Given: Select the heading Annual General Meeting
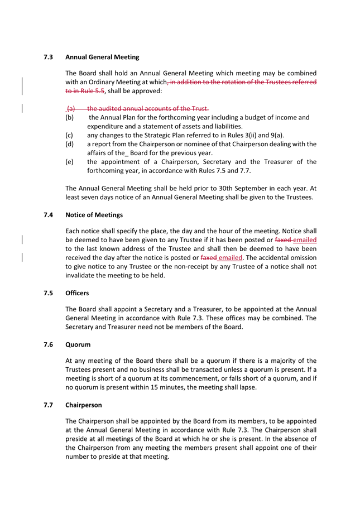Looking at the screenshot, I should click(102, 57).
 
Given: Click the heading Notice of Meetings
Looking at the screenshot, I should click(94, 215).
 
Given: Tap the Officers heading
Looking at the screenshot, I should click(77, 293).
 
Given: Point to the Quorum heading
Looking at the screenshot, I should click(78, 344).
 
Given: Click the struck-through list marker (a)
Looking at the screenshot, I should click(71, 108).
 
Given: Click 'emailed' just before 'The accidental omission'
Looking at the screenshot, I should click(230, 258).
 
